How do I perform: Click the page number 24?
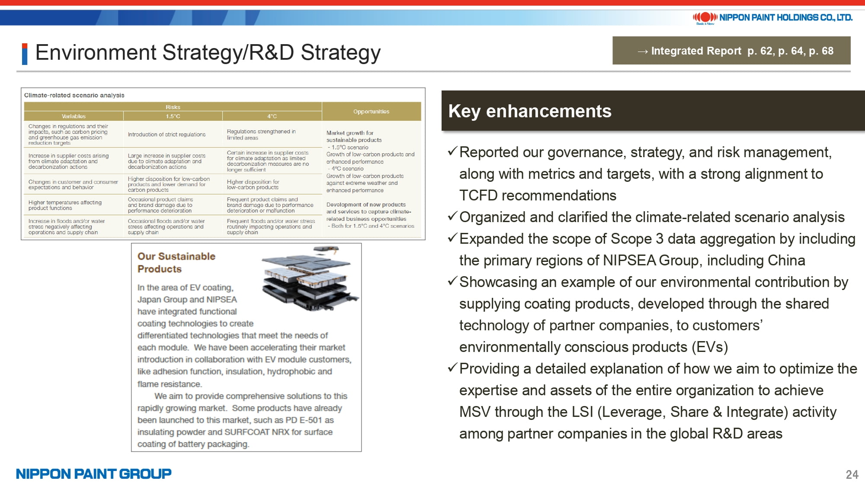pyautogui.click(x=852, y=474)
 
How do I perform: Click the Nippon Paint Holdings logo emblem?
pyautogui.click(x=705, y=17)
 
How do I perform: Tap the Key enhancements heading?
pyautogui.click(x=530, y=111)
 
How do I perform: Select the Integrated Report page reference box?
pyautogui.click(x=731, y=51)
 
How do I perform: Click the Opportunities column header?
pyautogui.click(x=371, y=111)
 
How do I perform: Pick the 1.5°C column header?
pyautogui.click(x=173, y=116)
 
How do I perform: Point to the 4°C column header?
pyautogui.click(x=272, y=116)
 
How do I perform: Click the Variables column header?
pyautogui.click(x=74, y=116)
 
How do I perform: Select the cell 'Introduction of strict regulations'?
pyautogui.click(x=167, y=135)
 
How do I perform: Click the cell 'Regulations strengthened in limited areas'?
pyautogui.click(x=261, y=135)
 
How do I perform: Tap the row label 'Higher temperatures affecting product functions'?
pyautogui.click(x=65, y=205)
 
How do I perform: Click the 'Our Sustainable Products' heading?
pyautogui.click(x=176, y=262)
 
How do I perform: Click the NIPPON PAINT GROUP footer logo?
pyautogui.click(x=94, y=474)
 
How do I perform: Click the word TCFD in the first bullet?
pyautogui.click(x=479, y=196)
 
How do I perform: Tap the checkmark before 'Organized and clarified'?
pyautogui.click(x=452, y=216)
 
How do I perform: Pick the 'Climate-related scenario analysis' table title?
pyautogui.click(x=74, y=95)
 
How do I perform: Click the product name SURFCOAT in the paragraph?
pyautogui.click(x=247, y=432)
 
